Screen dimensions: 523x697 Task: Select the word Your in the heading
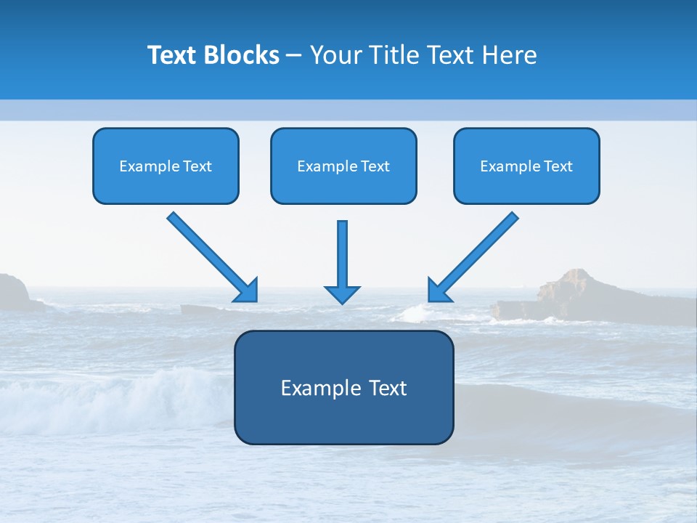335,55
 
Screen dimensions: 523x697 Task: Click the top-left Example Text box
166,166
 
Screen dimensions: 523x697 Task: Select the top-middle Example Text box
343,166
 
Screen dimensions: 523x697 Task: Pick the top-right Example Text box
526,166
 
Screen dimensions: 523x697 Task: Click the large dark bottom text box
343,388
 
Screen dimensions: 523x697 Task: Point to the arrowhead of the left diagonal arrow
248,291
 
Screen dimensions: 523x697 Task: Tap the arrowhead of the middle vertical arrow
342,294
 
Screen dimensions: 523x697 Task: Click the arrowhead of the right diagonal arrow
438,291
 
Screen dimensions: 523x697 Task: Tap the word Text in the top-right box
558,166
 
